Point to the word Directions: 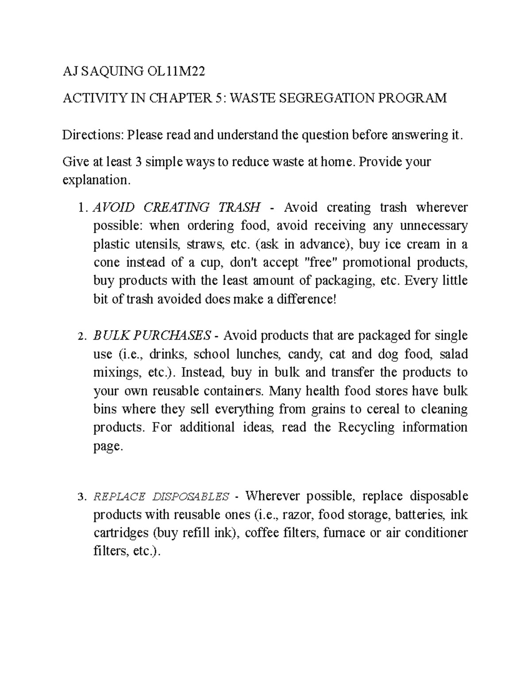point(93,135)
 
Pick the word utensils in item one point(158,244)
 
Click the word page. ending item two point(107,446)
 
